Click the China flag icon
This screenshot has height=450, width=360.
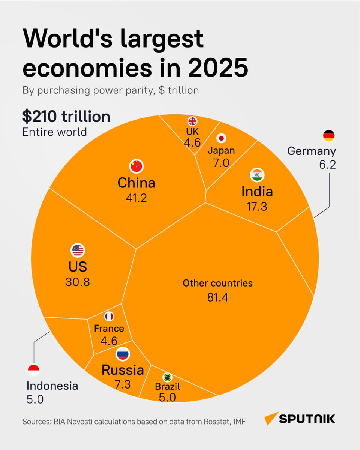pos(136,166)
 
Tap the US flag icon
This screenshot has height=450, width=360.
pos(78,250)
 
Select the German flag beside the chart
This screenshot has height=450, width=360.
pos(329,136)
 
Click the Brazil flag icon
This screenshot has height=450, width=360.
pos(167,377)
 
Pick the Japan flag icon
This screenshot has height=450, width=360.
pos(221,138)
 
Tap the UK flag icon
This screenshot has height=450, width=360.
pos(192,121)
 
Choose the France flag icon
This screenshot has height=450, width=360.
pos(109,316)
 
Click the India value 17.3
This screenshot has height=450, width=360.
pos(257,206)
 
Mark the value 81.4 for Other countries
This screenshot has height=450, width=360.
pos(217,297)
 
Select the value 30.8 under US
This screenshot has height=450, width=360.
pos(78,282)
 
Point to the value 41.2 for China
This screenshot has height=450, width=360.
pos(136,198)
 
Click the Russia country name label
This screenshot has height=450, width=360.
pos(123,370)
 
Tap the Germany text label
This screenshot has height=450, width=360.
pos(312,151)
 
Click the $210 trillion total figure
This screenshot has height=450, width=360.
pos(66,117)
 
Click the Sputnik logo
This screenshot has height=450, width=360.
pos(300,418)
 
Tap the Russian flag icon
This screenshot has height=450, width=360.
pos(122,353)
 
